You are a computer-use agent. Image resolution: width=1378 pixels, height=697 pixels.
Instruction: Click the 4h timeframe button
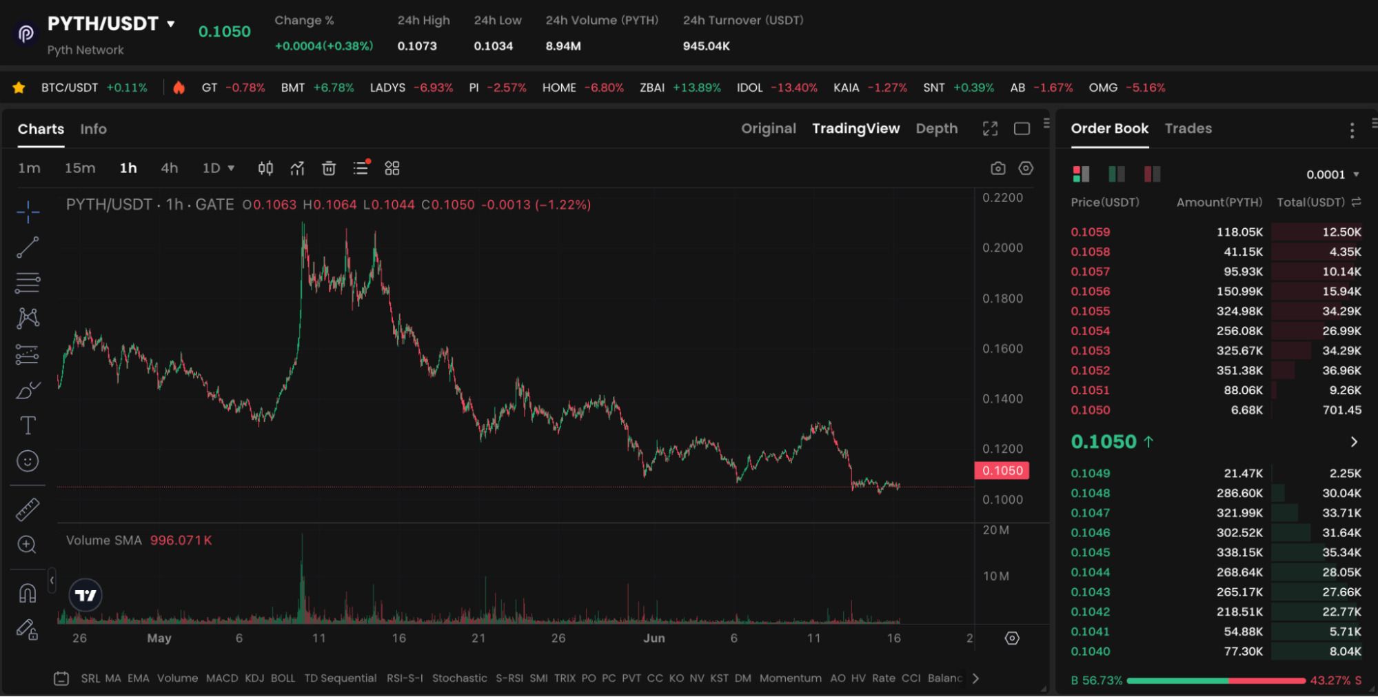click(170, 168)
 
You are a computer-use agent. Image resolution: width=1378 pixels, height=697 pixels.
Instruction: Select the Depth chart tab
click(936, 128)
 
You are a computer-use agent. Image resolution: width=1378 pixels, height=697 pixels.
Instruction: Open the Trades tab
click(1188, 128)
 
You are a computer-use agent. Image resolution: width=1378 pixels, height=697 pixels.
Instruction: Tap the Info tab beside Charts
click(93, 129)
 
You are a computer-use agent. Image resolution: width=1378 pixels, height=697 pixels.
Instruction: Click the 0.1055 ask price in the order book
click(1090, 311)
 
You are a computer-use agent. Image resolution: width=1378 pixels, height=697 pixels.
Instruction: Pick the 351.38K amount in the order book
click(1239, 370)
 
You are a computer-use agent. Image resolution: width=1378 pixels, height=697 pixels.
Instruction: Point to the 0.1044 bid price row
click(1090, 572)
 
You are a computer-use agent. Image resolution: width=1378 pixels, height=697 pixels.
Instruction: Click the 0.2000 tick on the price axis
click(1002, 248)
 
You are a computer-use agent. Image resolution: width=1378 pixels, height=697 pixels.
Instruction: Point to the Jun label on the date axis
click(653, 638)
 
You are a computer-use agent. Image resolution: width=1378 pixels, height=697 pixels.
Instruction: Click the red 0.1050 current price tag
click(1002, 471)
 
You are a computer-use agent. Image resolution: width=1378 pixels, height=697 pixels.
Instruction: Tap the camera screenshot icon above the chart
click(997, 168)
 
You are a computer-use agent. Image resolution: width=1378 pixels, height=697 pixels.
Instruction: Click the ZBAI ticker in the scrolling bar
click(651, 88)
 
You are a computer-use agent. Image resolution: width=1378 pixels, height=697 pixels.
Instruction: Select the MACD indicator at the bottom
click(222, 678)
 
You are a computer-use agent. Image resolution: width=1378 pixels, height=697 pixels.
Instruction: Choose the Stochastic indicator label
click(459, 678)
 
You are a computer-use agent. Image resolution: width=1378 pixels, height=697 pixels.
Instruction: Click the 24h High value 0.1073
click(417, 46)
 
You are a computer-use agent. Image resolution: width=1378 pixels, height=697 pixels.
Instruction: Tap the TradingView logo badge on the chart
click(86, 595)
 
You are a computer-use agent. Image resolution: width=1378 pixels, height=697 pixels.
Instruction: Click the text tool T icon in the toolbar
click(28, 425)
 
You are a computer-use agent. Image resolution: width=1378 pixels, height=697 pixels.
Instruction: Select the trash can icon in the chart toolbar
click(329, 168)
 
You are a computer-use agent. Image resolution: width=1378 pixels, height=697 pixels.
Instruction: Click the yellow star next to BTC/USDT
click(19, 88)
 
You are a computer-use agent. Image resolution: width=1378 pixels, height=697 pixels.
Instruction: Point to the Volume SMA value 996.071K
click(181, 541)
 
